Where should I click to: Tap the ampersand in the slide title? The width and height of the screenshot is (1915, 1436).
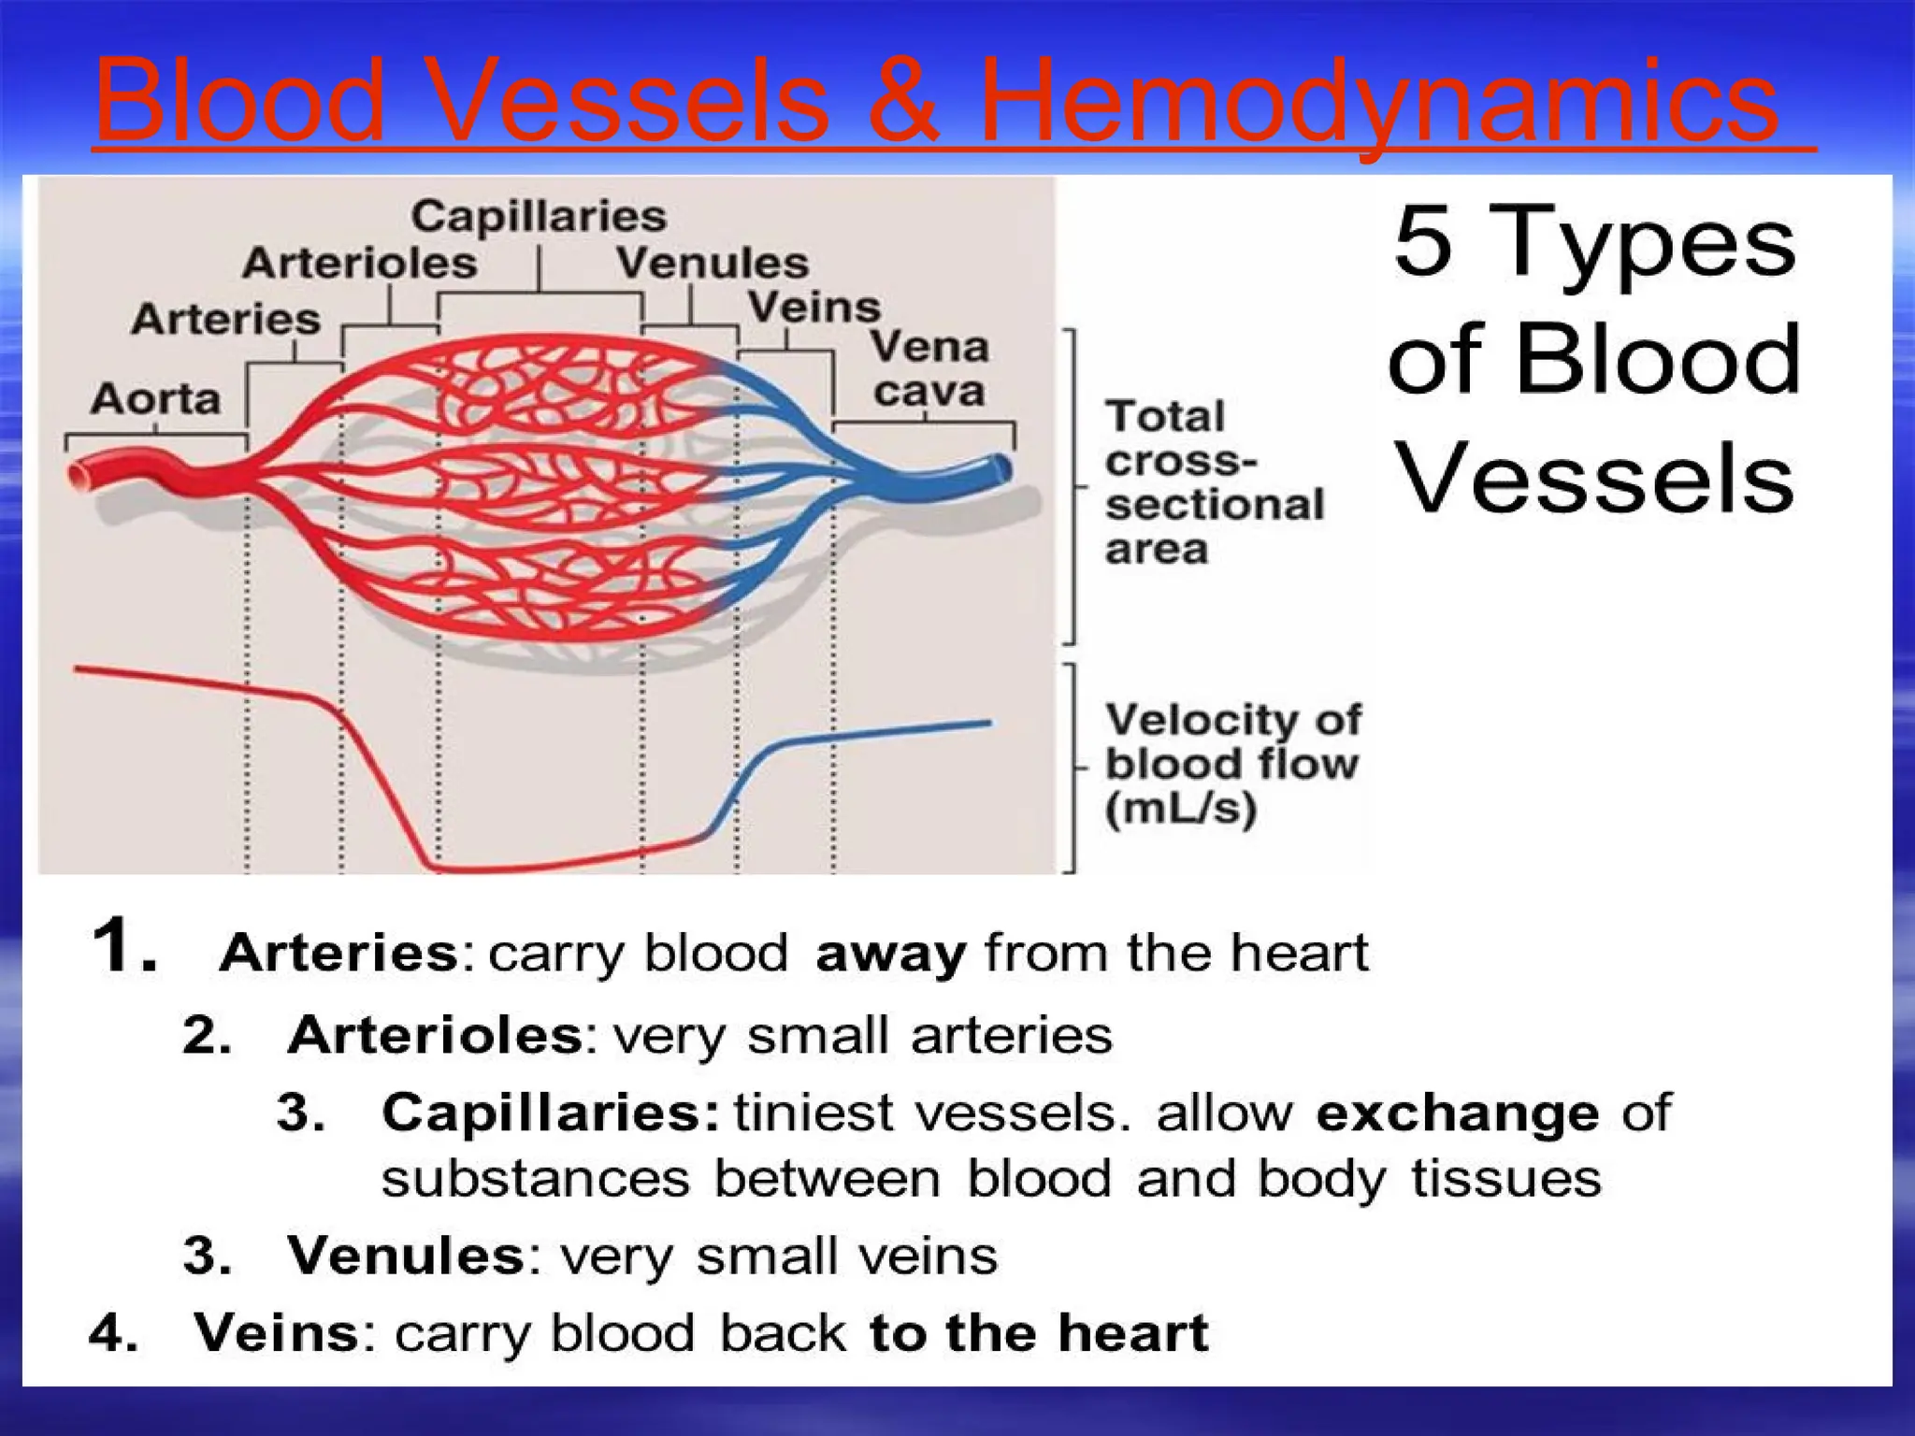pyautogui.click(x=902, y=101)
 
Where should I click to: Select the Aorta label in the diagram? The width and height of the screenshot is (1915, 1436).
pyautogui.click(x=155, y=399)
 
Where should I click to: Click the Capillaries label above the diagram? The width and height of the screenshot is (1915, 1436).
pyautogui.click(x=539, y=217)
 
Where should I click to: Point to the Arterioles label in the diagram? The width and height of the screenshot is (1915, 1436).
pyautogui.click(x=360, y=264)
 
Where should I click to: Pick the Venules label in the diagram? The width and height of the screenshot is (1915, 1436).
pyautogui.click(x=712, y=264)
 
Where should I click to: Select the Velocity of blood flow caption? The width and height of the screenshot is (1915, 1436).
pyautogui.click(x=1232, y=765)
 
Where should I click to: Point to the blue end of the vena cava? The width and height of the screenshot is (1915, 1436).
pyautogui.click(x=1001, y=468)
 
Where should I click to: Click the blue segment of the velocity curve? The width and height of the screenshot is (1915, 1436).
pyautogui.click(x=870, y=734)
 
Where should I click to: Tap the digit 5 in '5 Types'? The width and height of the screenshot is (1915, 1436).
pyautogui.click(x=1423, y=241)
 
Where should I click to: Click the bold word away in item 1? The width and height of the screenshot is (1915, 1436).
pyautogui.click(x=889, y=955)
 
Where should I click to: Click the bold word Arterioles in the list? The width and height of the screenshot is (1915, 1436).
pyautogui.click(x=436, y=1036)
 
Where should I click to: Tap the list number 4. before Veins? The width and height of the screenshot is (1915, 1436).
pyautogui.click(x=113, y=1333)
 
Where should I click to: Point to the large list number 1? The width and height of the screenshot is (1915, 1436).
pyautogui.click(x=124, y=946)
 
